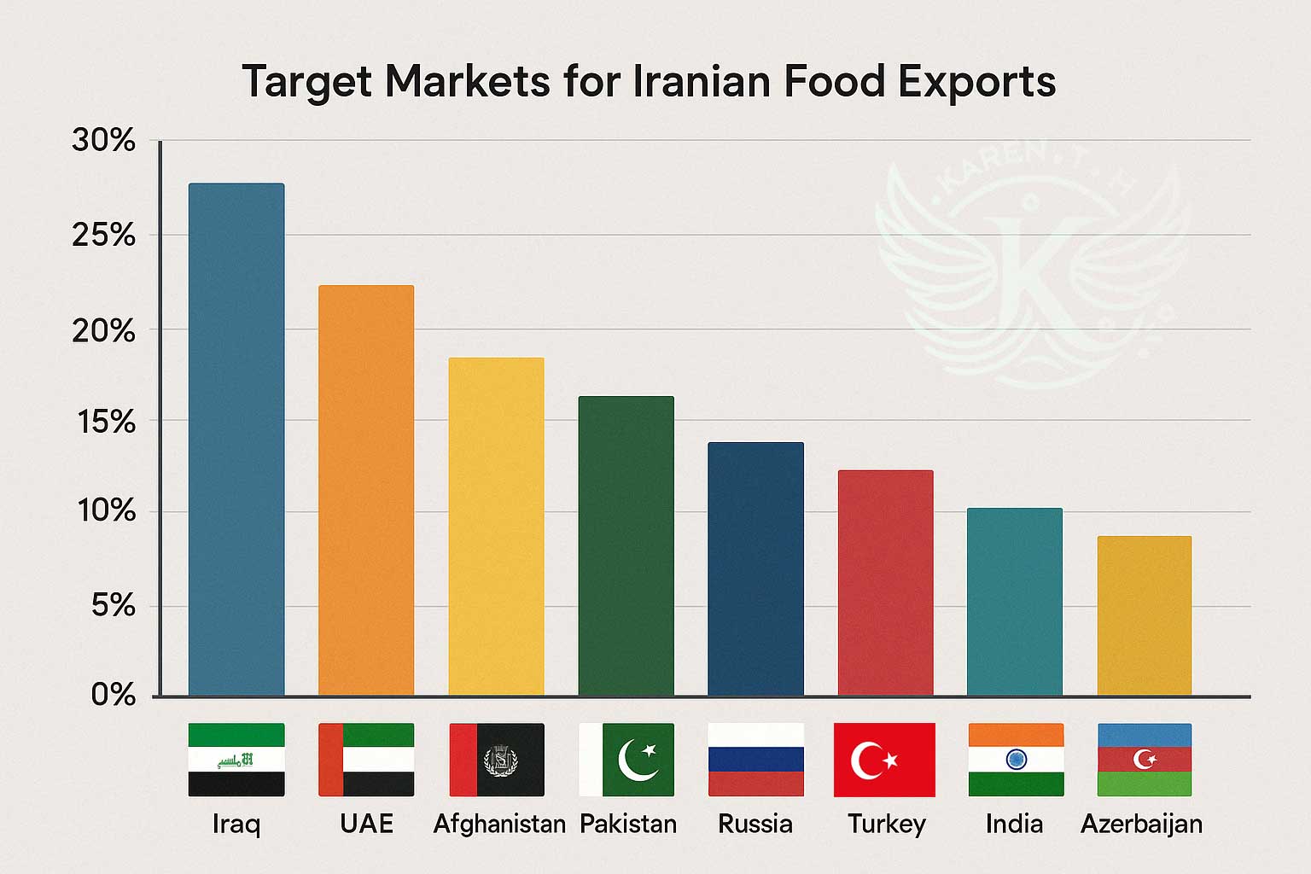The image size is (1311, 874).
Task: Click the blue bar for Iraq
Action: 236,440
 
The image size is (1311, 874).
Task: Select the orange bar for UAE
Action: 366,491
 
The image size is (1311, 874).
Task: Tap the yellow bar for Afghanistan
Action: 496,527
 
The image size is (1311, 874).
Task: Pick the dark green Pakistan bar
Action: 626,546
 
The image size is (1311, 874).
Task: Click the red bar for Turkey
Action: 885,583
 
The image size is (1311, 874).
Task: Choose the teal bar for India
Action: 1015,602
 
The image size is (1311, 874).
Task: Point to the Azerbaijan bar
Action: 1144,615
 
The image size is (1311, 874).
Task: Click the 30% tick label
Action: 103,141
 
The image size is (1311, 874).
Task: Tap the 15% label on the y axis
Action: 105,422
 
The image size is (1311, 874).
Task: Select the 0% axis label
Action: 113,696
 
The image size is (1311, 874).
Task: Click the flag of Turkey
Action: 884,760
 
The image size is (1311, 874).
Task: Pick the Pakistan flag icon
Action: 626,760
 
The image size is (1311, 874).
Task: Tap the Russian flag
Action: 755,760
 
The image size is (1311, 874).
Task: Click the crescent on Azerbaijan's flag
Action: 1142,758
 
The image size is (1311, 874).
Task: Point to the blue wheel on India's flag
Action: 1016,759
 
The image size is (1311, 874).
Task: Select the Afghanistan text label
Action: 499,824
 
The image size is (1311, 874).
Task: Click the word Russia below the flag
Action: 755,824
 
